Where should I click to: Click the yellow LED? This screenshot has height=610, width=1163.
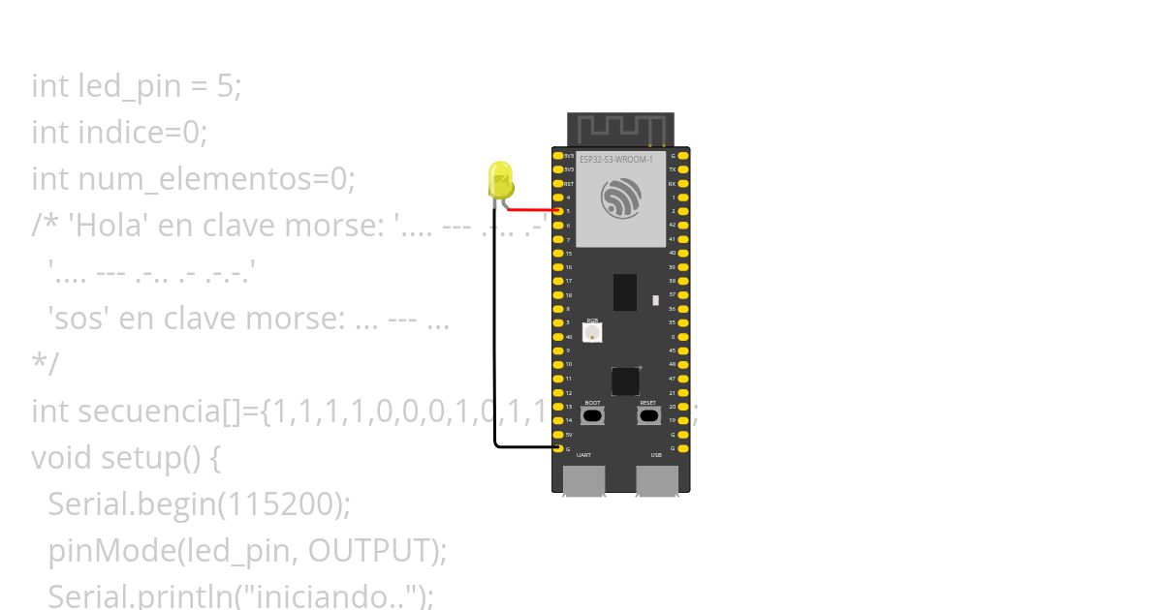tap(500, 181)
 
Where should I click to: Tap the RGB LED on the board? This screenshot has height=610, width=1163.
tap(592, 331)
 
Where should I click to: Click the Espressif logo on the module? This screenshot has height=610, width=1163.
tap(621, 198)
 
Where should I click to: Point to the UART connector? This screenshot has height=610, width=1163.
tap(583, 480)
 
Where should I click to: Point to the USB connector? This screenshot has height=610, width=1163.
tap(656, 480)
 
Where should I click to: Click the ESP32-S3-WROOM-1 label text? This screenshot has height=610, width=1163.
tap(616, 159)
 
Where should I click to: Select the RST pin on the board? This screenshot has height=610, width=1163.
tap(557, 183)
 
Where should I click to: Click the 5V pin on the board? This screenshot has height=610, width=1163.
tap(557, 434)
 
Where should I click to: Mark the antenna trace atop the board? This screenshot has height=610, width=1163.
tap(620, 129)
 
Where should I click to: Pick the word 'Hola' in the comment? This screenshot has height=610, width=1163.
tap(107, 226)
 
